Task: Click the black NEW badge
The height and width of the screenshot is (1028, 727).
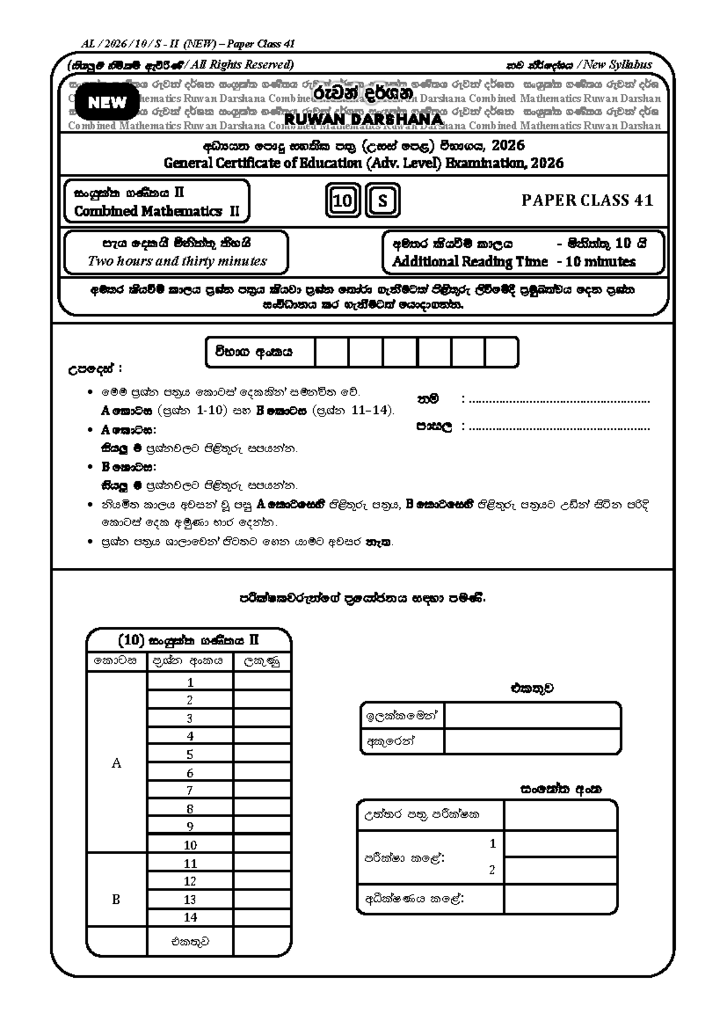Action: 107,102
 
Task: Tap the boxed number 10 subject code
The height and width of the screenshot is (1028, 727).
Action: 343,200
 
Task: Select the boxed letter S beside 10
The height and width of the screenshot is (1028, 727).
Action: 382,200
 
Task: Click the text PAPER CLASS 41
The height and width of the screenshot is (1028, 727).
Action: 587,201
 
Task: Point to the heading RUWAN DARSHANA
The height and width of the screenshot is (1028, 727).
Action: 363,119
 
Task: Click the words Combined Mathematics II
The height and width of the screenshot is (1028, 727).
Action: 156,211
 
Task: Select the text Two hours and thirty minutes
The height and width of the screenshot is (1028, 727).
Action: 177,261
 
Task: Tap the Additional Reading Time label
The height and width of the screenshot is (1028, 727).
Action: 470,262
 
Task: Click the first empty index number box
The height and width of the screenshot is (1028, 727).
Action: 331,352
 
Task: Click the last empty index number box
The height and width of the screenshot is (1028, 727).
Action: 501,352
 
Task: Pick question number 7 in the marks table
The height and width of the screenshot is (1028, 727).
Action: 190,790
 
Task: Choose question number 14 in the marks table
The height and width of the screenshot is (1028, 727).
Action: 190,917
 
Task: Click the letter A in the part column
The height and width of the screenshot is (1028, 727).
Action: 116,764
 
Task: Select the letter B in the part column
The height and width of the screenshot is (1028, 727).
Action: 116,899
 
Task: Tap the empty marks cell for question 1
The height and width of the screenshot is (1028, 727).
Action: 262,682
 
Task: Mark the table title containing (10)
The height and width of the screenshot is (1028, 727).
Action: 188,640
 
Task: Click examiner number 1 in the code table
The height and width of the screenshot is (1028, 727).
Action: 493,843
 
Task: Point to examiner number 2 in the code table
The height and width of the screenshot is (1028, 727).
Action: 492,870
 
